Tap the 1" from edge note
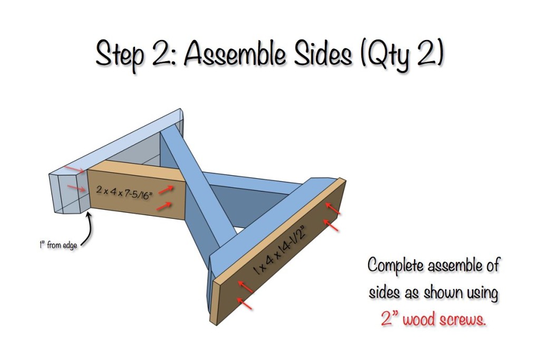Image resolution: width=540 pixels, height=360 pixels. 58,246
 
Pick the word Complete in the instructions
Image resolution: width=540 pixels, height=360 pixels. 396,265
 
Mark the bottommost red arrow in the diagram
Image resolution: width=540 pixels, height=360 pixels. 245,304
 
